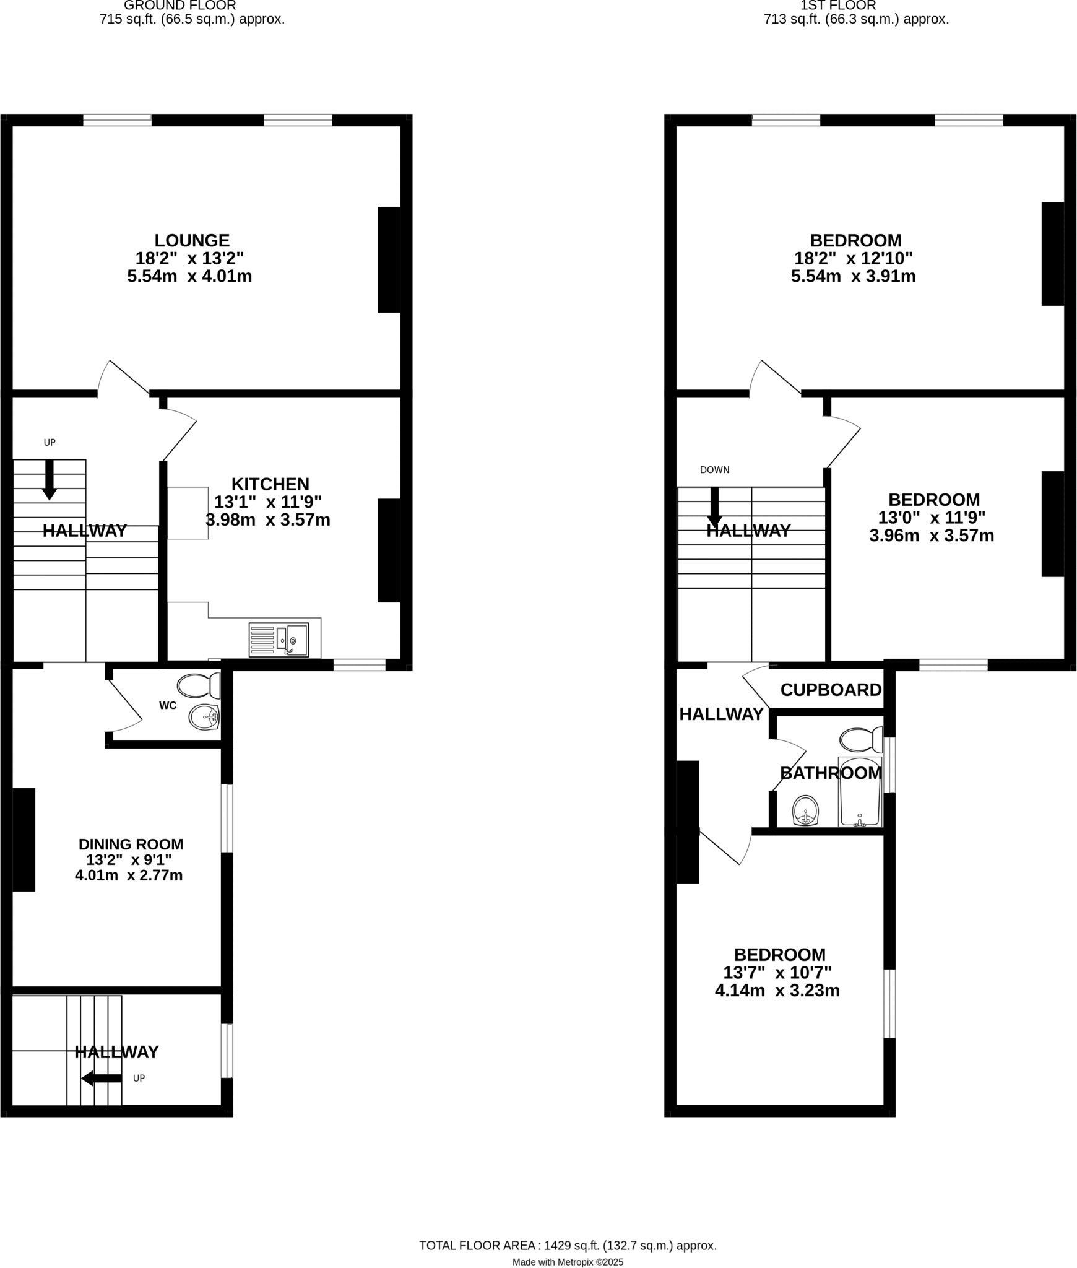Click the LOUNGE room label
pyautogui.click(x=192, y=240)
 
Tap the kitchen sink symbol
pyautogui.click(x=279, y=640)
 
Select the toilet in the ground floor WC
pyautogui.click(x=199, y=686)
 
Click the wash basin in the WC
pyautogui.click(x=204, y=718)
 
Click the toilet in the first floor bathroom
pyautogui.click(x=861, y=739)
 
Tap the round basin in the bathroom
pyautogui.click(x=805, y=810)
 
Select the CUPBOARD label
pyautogui.click(x=831, y=690)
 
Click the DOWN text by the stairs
pyautogui.click(x=714, y=470)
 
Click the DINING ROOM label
pyautogui.click(x=131, y=844)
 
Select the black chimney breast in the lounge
pyautogui.click(x=389, y=259)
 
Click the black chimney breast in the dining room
pyautogui.click(x=24, y=839)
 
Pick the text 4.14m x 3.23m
pyautogui.click(x=777, y=991)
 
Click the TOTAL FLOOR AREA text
pyautogui.click(x=567, y=1228)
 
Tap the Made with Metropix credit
pyautogui.click(x=567, y=1244)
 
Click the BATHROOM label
pyautogui.click(x=831, y=773)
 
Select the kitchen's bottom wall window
pyautogui.click(x=359, y=664)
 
